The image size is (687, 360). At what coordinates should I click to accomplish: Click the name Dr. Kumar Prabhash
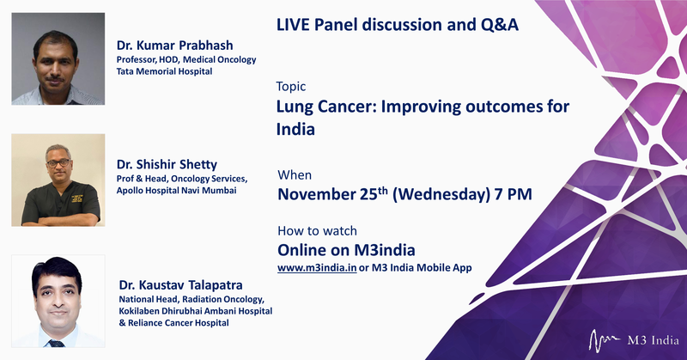[x=174, y=46]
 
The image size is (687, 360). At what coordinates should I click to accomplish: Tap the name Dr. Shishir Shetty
[x=167, y=164]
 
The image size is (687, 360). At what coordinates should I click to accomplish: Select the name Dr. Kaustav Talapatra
[x=180, y=285]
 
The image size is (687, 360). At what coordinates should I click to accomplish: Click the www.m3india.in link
[x=317, y=267]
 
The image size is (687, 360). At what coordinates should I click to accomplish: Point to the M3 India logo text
[x=653, y=340]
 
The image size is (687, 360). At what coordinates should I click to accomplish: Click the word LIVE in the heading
[x=292, y=25]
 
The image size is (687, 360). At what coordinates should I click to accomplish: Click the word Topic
[x=291, y=87]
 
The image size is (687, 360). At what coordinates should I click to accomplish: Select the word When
[x=295, y=175]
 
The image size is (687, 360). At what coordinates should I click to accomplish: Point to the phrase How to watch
[x=317, y=230]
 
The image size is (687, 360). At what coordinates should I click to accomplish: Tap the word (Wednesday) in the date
[x=441, y=194]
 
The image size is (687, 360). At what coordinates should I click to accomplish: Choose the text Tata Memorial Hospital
[x=164, y=71]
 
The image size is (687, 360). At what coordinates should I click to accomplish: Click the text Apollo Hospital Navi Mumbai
[x=176, y=190]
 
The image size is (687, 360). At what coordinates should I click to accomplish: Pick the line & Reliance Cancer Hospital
[x=174, y=323]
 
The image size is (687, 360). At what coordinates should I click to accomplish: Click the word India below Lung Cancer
[x=295, y=130]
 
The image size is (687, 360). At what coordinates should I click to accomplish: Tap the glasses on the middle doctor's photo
[x=58, y=162]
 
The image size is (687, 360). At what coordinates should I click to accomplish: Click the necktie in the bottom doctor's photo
[x=57, y=344]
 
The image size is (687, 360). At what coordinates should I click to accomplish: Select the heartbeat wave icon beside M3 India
[x=605, y=340]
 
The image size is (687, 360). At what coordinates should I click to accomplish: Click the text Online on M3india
[x=346, y=250]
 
